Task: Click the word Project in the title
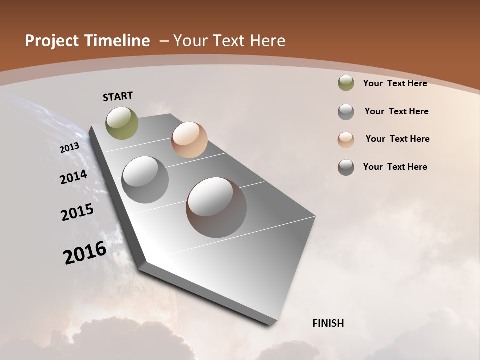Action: coord(52,41)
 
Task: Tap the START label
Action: coord(118,96)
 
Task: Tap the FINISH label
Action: coord(328,323)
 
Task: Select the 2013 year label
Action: coord(70,148)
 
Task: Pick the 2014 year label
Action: coord(73,177)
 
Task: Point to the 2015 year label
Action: coord(77,212)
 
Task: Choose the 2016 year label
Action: coord(85,252)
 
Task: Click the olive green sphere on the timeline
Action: coord(122,123)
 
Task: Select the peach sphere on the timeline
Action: coord(189,140)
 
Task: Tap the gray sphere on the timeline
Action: coord(145,180)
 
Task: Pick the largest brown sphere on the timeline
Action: coord(216,207)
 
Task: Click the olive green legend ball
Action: coord(346,83)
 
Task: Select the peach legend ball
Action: coord(346,139)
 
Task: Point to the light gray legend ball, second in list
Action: coord(346,111)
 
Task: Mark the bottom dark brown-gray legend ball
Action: coord(346,167)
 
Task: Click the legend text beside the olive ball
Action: coord(395,83)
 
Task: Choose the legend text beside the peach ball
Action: coord(397,139)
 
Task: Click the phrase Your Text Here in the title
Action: coord(229,41)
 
